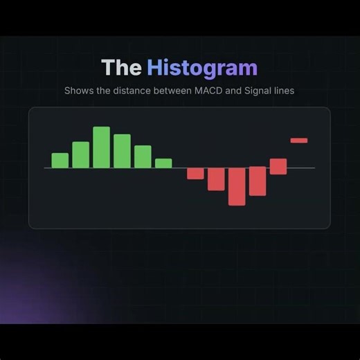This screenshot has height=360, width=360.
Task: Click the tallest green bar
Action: click(x=102, y=147)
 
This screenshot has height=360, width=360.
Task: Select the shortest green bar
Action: click(x=163, y=163)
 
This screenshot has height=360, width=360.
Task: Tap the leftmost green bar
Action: click(x=60, y=161)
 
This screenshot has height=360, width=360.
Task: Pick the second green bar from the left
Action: click(x=81, y=155)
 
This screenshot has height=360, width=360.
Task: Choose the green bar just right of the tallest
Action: click(x=123, y=151)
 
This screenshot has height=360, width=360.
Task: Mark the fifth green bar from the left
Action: click(x=143, y=156)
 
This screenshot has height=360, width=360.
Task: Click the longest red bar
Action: click(x=237, y=186)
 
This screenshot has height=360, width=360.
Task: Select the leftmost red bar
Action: click(x=195, y=173)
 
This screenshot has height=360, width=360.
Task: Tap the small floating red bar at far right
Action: click(x=299, y=141)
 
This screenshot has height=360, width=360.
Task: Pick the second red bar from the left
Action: click(x=216, y=179)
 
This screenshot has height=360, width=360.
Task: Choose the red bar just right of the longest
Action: click(x=258, y=181)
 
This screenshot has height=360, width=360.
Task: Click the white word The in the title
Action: click(x=121, y=68)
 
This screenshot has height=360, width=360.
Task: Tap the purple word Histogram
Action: click(x=201, y=68)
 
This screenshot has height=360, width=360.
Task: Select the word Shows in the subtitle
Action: click(x=78, y=91)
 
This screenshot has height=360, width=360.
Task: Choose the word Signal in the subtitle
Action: click(x=258, y=91)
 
